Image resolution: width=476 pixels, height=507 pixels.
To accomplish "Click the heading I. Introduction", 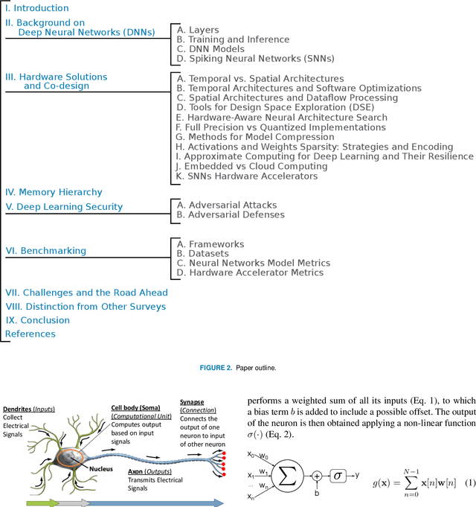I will [37, 8].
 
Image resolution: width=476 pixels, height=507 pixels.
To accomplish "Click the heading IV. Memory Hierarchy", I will [54, 192].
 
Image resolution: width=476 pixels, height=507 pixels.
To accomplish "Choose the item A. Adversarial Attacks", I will [226, 205].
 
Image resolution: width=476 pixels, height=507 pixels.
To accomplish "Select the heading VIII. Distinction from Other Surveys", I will [86, 306].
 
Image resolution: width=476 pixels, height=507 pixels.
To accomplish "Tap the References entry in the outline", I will [30, 334].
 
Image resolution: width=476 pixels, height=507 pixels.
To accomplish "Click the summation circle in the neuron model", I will [288, 473].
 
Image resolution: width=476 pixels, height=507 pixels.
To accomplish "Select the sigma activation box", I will [338, 474].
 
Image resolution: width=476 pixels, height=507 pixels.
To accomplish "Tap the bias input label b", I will [315, 491].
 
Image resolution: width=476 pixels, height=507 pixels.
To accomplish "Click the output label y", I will [358, 474].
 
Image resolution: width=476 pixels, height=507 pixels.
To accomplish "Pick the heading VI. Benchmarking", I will [45, 251].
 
